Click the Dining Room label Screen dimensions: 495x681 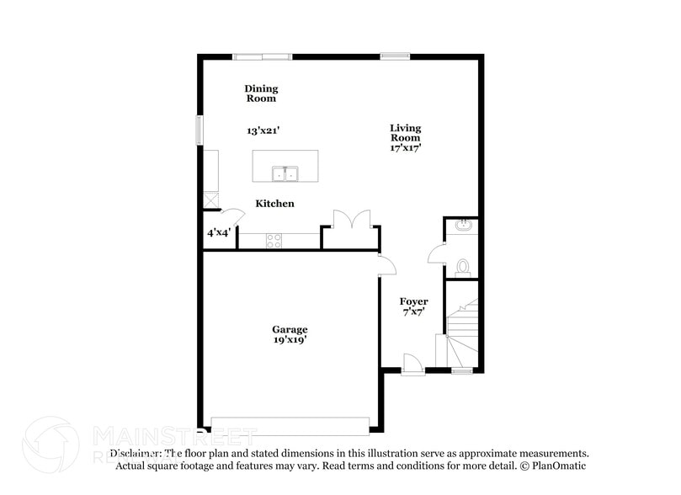(x=261, y=93)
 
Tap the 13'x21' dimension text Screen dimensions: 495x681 (x=263, y=131)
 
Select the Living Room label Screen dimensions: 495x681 (x=405, y=133)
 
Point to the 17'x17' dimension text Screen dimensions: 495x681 (x=405, y=147)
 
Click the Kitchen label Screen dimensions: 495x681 (x=274, y=204)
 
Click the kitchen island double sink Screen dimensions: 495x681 (x=285, y=174)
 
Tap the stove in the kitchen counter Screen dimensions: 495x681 (x=274, y=240)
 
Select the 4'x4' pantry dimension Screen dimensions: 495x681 (x=219, y=232)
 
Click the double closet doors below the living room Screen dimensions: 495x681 (x=349, y=221)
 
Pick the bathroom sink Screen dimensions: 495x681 (x=461, y=226)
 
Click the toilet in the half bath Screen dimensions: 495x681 (x=461, y=267)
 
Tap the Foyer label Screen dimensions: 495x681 (x=413, y=301)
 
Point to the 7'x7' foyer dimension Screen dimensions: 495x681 (x=413, y=312)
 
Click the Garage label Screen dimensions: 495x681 (x=289, y=329)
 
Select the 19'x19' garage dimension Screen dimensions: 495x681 (x=289, y=340)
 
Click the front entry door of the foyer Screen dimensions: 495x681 (x=412, y=365)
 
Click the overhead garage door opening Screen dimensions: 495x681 (x=290, y=425)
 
